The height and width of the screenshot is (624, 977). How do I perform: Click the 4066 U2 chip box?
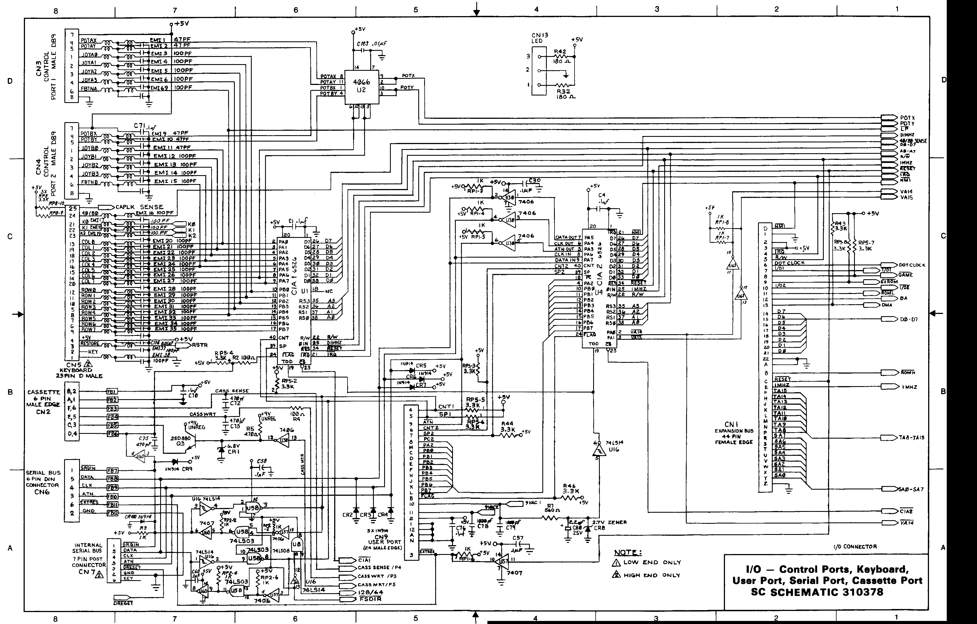click(x=361, y=86)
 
